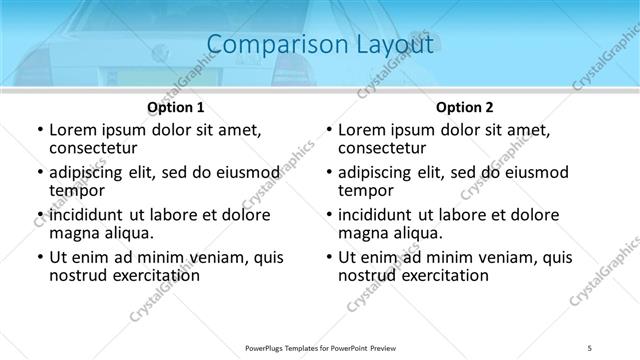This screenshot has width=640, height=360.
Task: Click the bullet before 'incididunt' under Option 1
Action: (39, 215)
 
